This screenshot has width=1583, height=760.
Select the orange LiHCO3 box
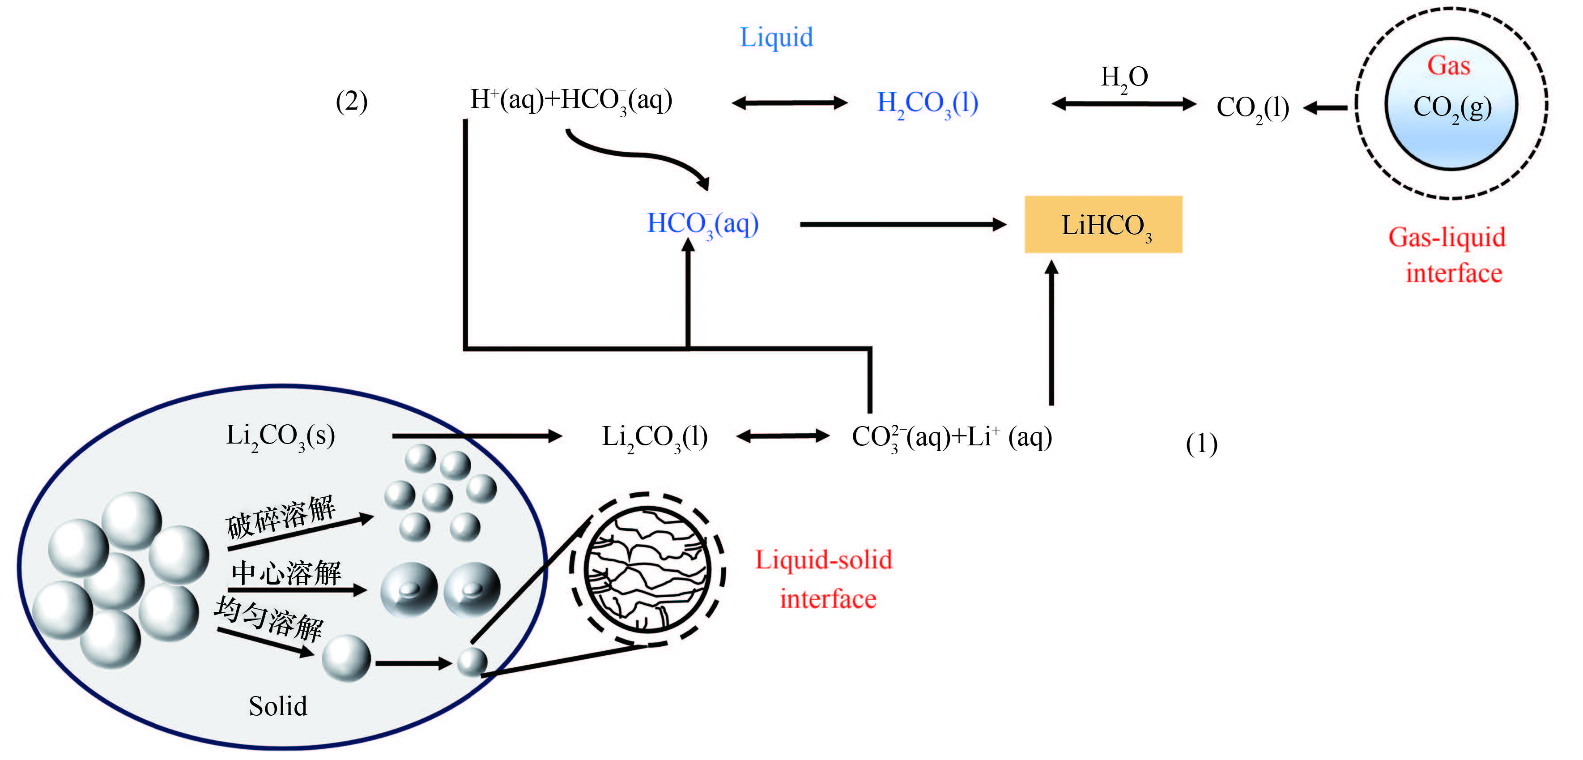click(1103, 224)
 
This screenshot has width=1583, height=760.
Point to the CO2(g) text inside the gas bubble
click(1452, 107)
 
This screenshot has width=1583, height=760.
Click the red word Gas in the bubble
click(1448, 66)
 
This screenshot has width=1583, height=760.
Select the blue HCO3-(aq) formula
click(702, 224)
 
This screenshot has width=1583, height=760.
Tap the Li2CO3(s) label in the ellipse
click(280, 436)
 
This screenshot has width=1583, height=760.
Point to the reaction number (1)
click(1201, 444)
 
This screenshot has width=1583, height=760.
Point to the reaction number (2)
click(352, 102)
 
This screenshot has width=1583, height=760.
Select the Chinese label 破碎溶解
click(280, 515)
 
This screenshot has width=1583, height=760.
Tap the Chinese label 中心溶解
click(286, 573)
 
